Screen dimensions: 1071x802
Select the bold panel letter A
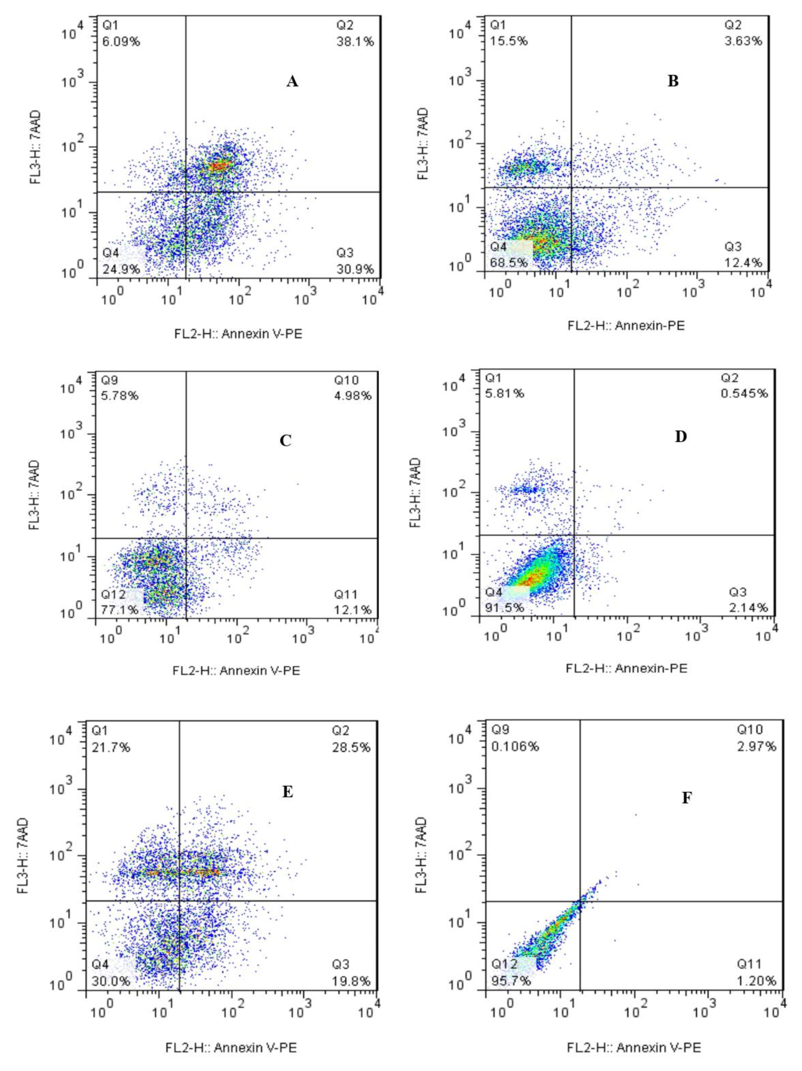click(292, 82)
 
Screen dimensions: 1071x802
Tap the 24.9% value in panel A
click(121, 269)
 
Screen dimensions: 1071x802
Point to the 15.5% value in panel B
click(508, 41)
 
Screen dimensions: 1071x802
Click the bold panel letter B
click(673, 81)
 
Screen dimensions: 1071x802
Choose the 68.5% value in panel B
click(508, 263)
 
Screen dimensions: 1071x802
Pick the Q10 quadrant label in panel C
click(346, 380)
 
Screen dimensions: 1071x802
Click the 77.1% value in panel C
click(119, 609)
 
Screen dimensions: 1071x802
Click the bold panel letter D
click(680, 437)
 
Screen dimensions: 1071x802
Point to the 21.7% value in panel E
click(111, 748)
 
